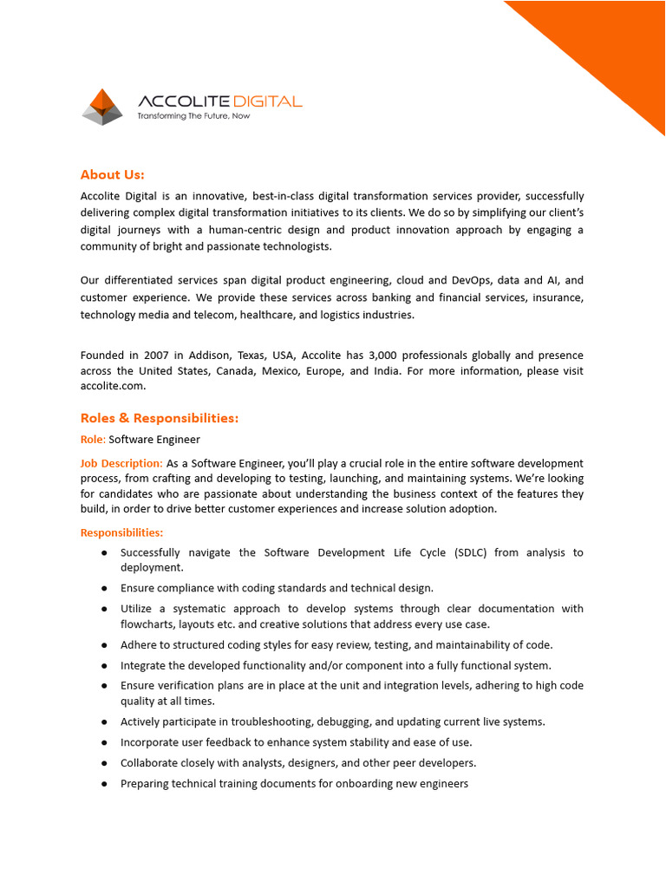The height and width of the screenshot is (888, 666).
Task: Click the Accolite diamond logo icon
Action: [x=102, y=106]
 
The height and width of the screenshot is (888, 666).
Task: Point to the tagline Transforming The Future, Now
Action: [x=193, y=116]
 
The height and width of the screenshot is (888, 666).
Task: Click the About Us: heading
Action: [x=112, y=174]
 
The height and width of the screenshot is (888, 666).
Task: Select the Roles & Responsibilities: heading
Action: [x=159, y=418]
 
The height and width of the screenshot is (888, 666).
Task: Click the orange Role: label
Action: [x=93, y=440]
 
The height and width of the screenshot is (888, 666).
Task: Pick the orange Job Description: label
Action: [x=121, y=463]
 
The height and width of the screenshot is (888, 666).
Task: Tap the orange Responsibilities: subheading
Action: [x=121, y=532]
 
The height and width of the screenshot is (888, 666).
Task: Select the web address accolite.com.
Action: [x=111, y=387]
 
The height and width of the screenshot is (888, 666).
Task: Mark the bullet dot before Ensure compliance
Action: [x=104, y=589]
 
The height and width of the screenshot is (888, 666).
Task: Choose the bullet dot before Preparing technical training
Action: [x=104, y=784]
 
